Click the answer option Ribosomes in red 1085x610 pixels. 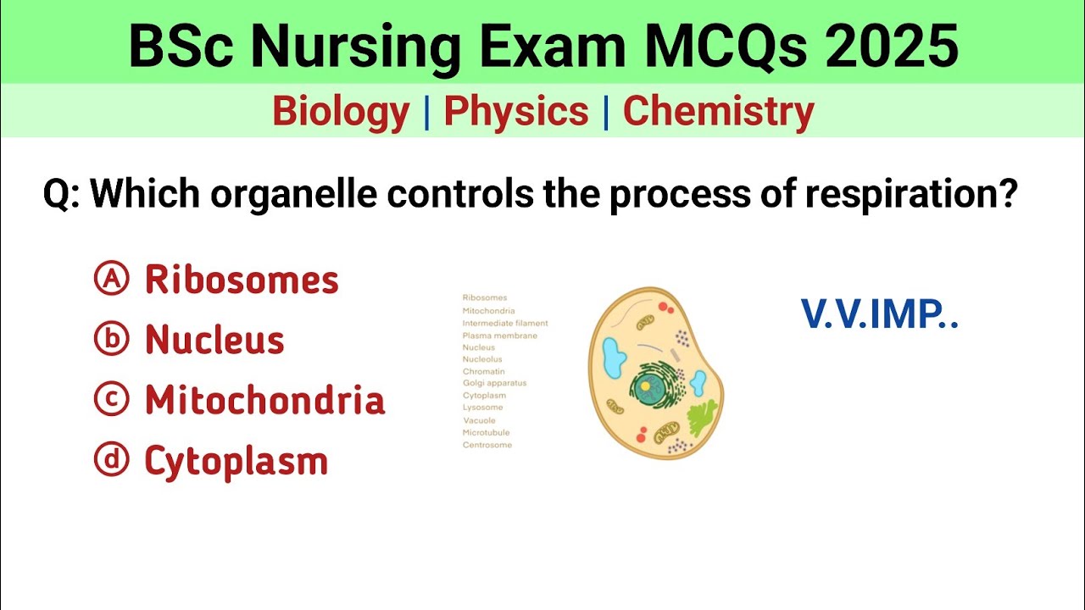coord(242,280)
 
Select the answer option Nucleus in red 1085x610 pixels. coord(214,341)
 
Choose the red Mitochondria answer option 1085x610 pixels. coord(264,401)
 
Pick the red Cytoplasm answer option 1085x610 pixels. coord(236,462)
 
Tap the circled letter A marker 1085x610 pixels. coord(111,280)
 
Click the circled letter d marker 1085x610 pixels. coord(111,461)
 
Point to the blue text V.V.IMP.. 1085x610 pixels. coord(879,315)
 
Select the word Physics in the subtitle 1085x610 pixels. coord(515,112)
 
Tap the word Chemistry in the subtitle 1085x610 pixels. coord(718,112)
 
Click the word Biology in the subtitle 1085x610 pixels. coord(341,112)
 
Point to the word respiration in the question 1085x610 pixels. coord(910,195)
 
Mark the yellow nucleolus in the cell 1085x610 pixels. coord(646,386)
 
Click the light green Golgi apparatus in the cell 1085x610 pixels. coord(701,417)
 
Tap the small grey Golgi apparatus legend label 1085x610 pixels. coord(494,383)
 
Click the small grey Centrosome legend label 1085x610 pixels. coord(487,445)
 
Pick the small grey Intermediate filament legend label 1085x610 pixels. coord(505,323)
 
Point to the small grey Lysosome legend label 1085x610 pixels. coord(482,408)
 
